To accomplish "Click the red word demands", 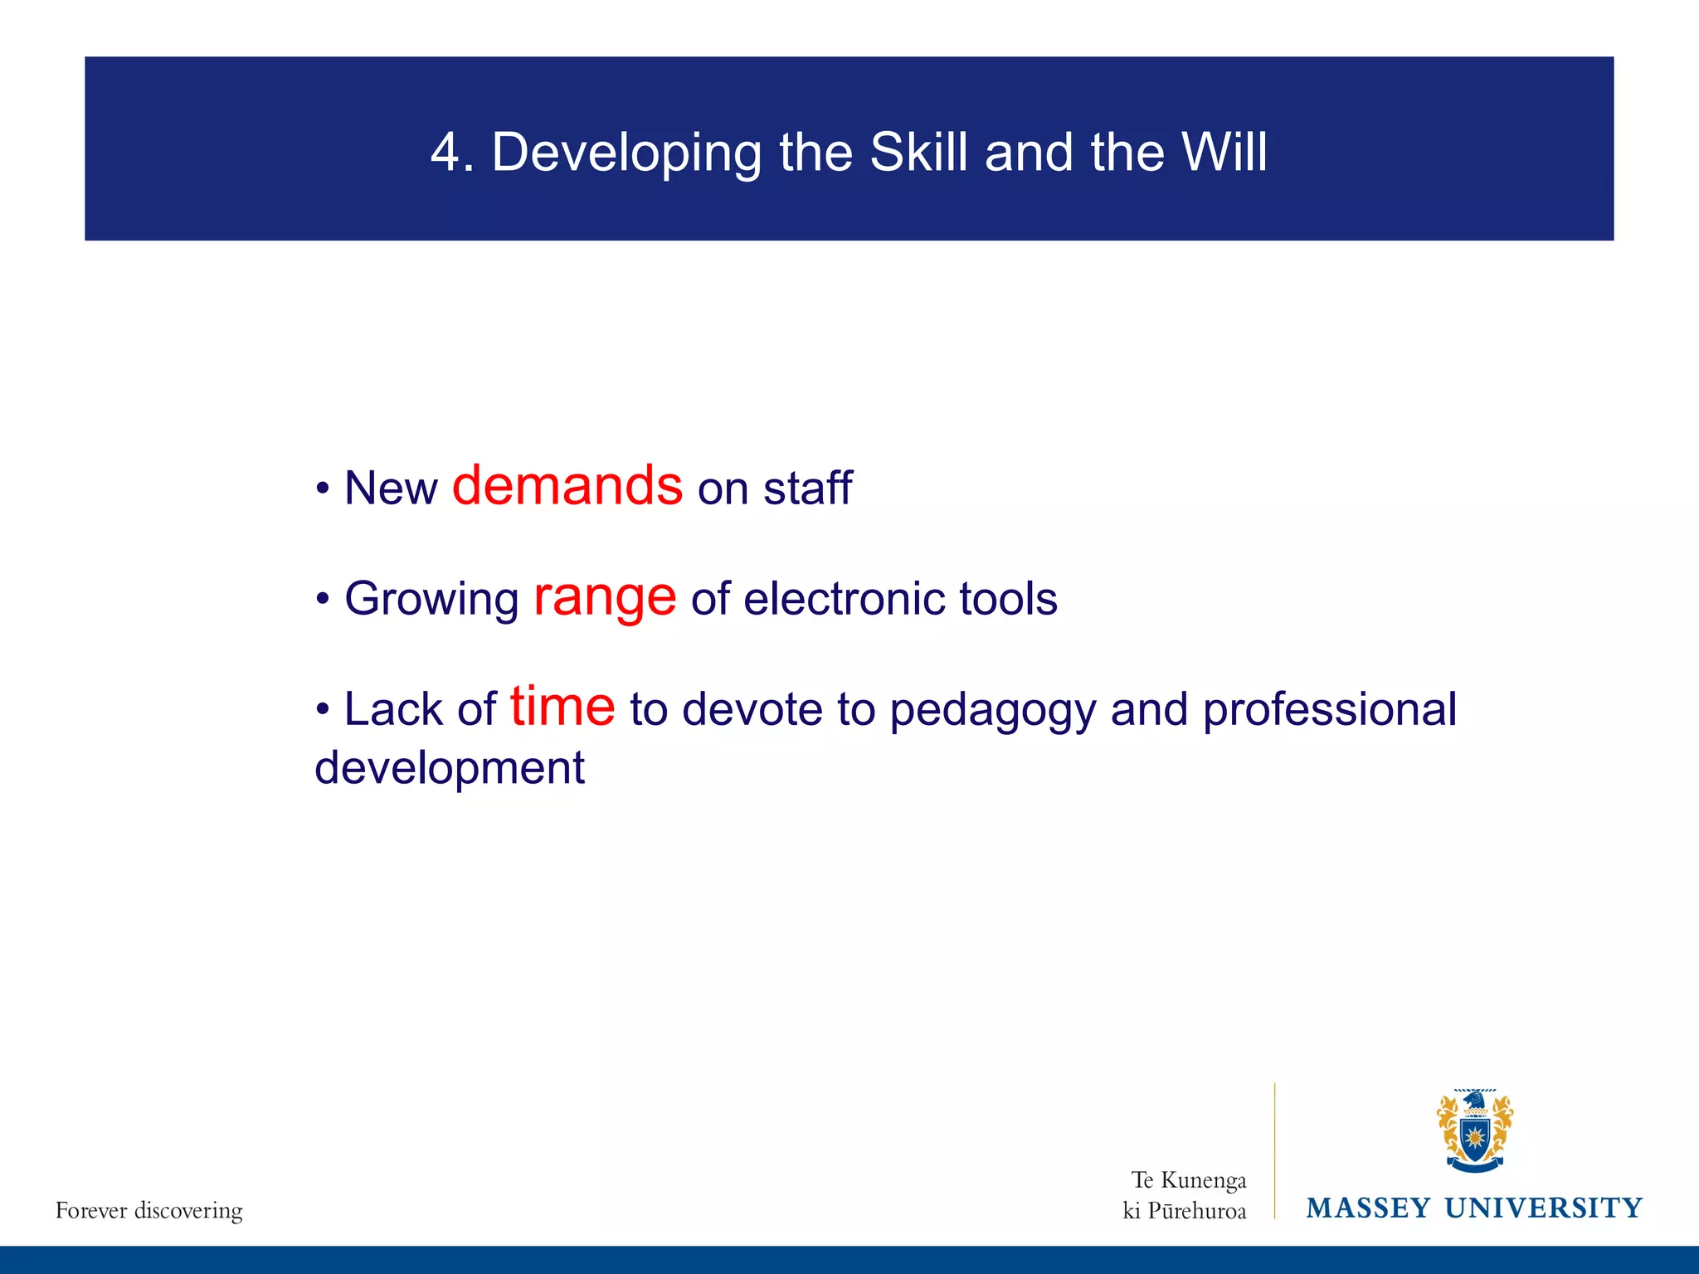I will point(567,486).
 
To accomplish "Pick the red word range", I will point(605,599).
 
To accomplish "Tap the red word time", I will point(562,708).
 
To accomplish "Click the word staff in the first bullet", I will point(807,488).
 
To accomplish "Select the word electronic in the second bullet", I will point(844,599).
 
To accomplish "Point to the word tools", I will point(1008,599).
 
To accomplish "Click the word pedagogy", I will point(992,712).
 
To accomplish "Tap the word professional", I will point(1329,712).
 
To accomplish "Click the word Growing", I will point(431,601).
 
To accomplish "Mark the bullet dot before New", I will point(323,489).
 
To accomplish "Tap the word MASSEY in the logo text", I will point(1368,1208).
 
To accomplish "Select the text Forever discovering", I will point(149,1211).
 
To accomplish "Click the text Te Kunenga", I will point(1188,1180).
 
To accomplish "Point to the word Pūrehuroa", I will point(1196,1212).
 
